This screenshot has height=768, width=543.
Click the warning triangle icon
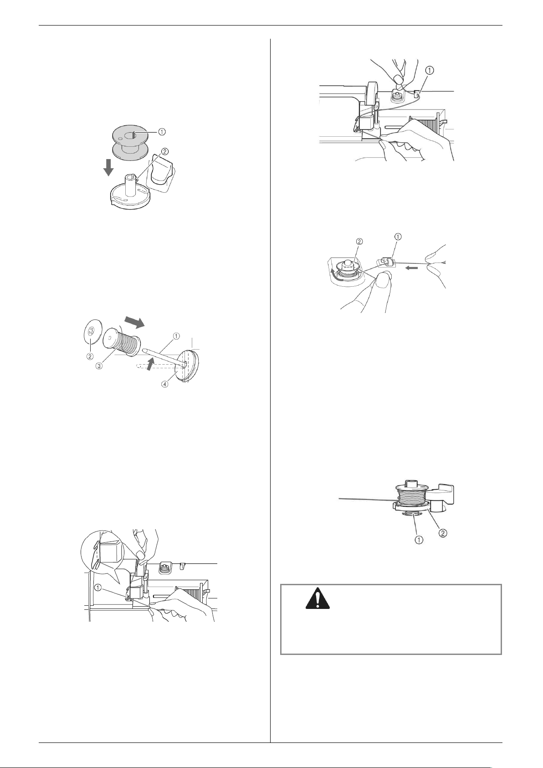click(317, 598)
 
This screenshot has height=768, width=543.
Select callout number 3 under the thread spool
click(99, 366)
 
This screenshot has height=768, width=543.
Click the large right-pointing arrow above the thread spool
click(135, 323)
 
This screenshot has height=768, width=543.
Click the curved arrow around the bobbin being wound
click(336, 275)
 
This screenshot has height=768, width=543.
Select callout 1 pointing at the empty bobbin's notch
click(162, 132)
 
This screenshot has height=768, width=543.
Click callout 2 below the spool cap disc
click(89, 356)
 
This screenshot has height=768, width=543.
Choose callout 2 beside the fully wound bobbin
click(443, 533)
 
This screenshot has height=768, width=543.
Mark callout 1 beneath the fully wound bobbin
click(419, 539)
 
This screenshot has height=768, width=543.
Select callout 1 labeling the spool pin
click(176, 336)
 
